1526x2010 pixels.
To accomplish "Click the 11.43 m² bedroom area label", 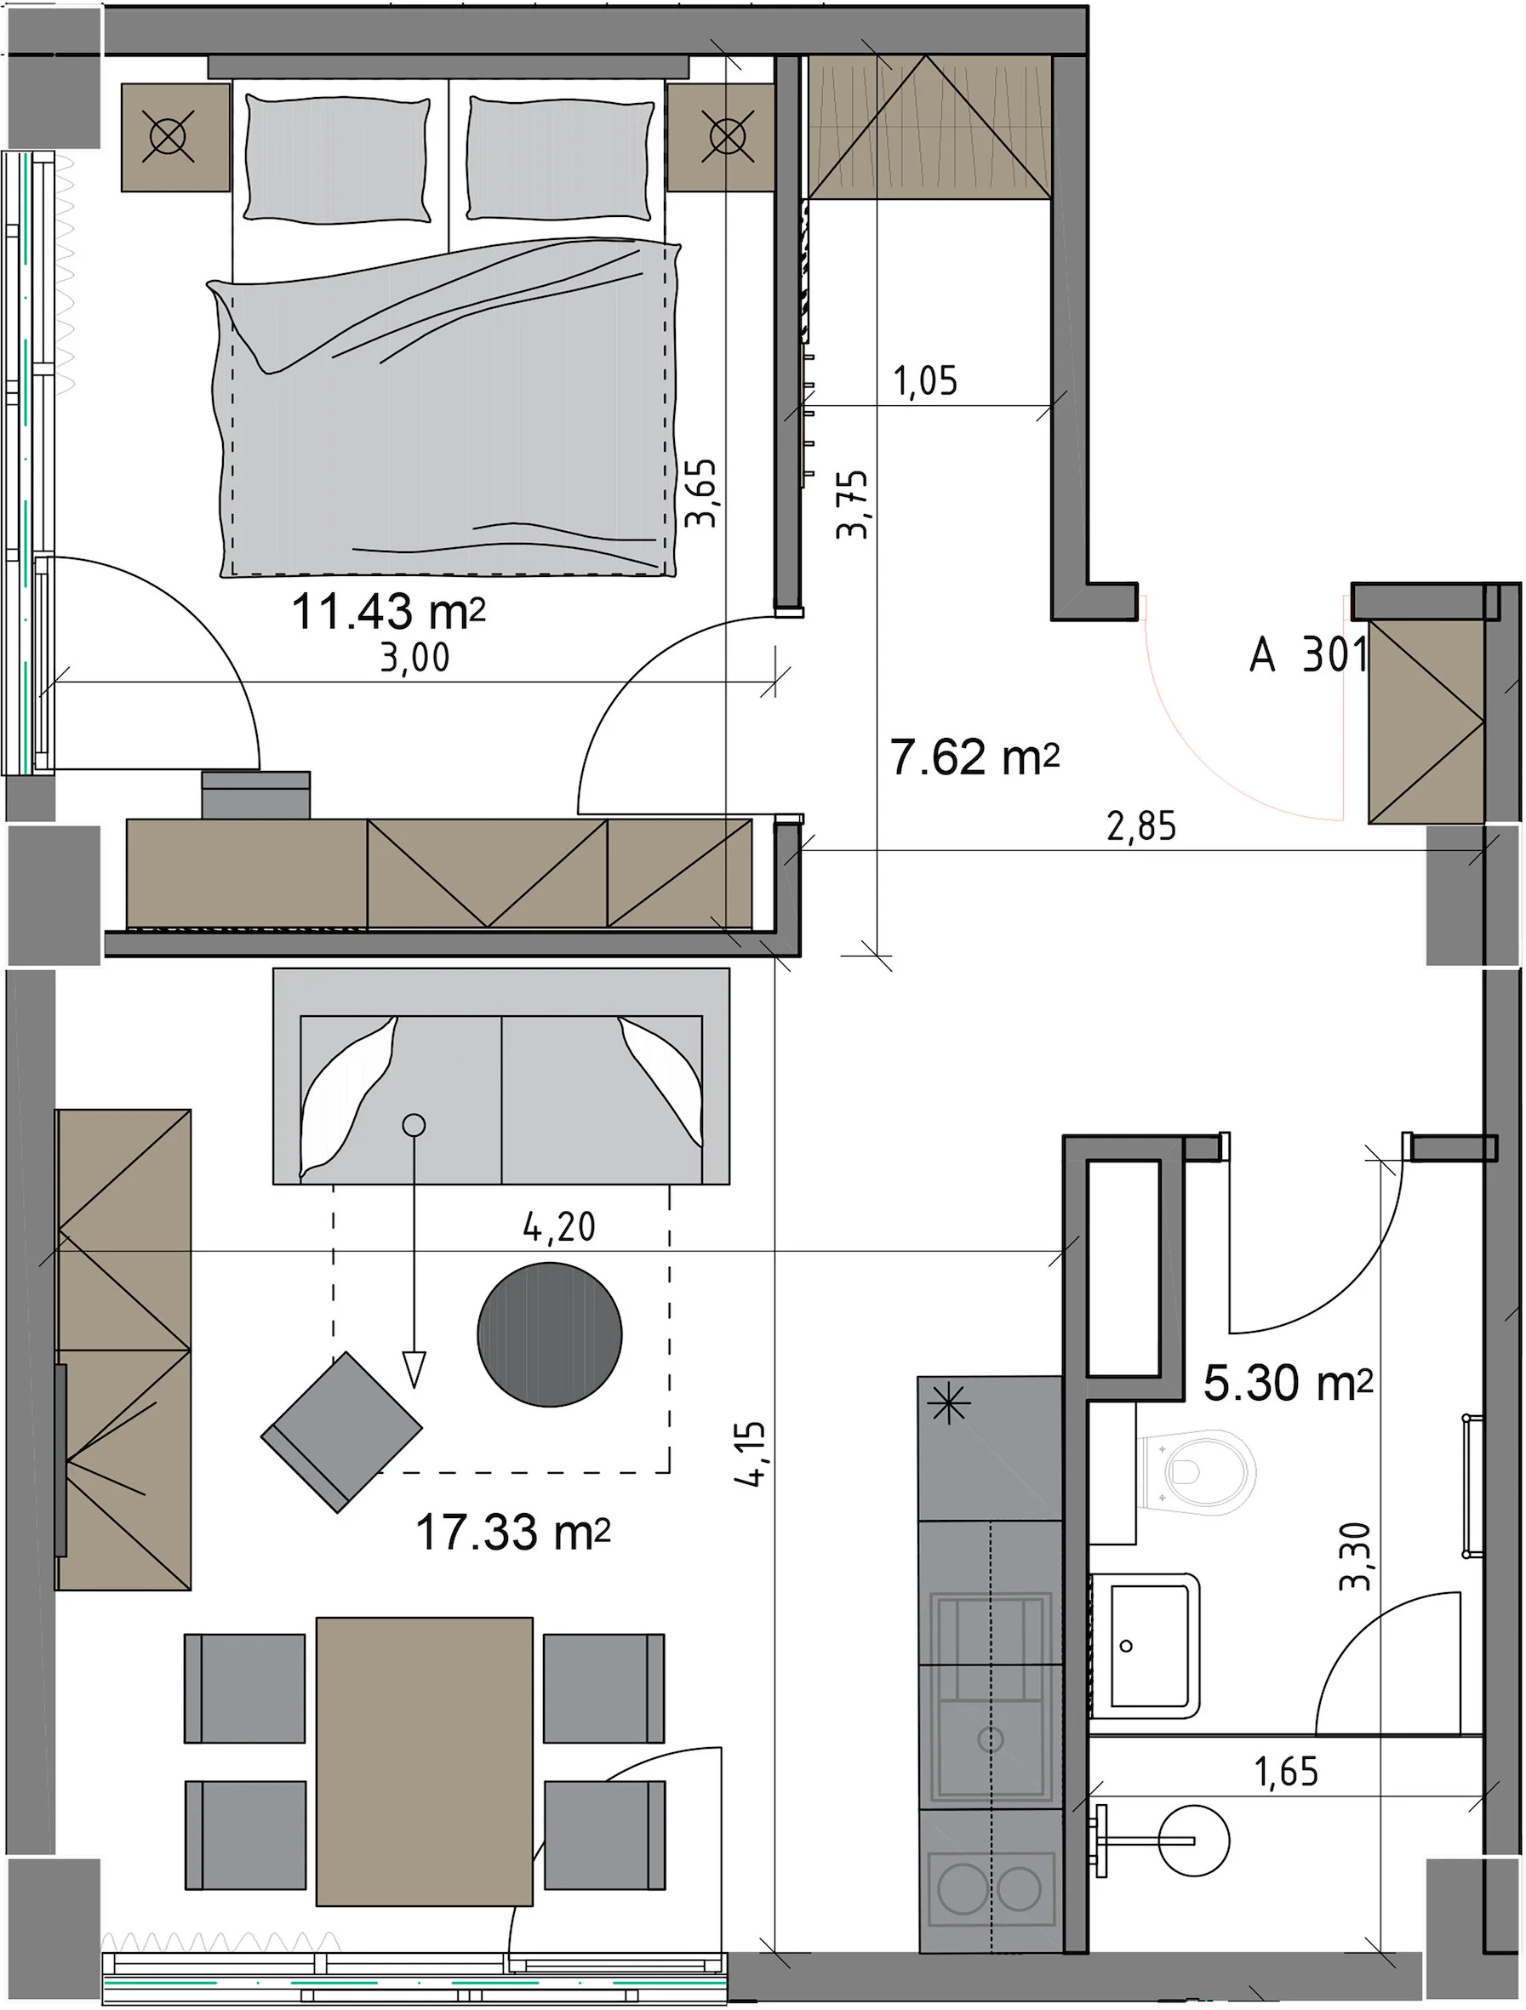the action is point(388,613).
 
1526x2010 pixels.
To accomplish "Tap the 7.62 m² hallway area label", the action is point(975,757).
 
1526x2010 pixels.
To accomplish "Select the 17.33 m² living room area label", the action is point(512,1532).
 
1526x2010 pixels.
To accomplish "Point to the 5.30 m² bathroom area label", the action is point(1288,1382).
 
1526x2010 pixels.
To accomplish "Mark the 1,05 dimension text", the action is point(925,380).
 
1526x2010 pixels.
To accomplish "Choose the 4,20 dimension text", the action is point(559,1228).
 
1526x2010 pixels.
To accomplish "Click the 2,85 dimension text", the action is point(1141,827).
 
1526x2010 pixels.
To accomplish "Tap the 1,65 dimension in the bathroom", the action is point(1286,1772).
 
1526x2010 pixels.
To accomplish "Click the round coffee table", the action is point(550,1335).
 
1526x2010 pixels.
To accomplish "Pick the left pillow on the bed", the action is point(336,158).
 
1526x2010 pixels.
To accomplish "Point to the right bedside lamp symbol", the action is point(726,138).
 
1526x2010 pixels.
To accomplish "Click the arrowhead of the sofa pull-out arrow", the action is point(414,1369).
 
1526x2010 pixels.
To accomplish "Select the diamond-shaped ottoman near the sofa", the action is point(342,1432).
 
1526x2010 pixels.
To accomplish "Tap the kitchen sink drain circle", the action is point(991,1740).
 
